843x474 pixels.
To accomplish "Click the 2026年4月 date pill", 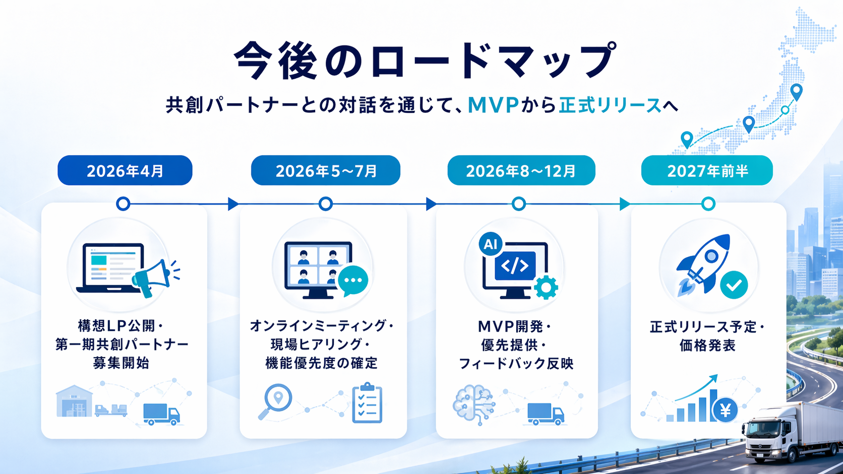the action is coord(125,170).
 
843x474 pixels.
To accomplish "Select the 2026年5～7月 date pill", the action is coord(326,170).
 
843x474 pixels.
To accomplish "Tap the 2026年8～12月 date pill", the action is coord(521,170).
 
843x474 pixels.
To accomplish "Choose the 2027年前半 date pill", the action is coord(707,170).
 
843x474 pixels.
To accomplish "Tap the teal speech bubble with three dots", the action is coord(353,281).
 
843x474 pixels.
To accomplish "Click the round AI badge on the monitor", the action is coord(491,244).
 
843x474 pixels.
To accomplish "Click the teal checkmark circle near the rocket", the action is coord(734,285).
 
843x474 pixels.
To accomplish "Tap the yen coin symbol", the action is coord(725,410).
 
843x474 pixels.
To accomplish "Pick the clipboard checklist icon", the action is coord(368,402).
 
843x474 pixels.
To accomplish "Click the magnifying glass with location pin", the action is coord(275,401).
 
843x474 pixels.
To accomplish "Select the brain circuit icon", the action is coord(474,404).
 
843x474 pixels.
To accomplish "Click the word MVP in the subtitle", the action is coord(494,105).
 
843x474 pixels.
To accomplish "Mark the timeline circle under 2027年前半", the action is coord(708,204).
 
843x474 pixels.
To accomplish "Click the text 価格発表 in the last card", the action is coord(707,346).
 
